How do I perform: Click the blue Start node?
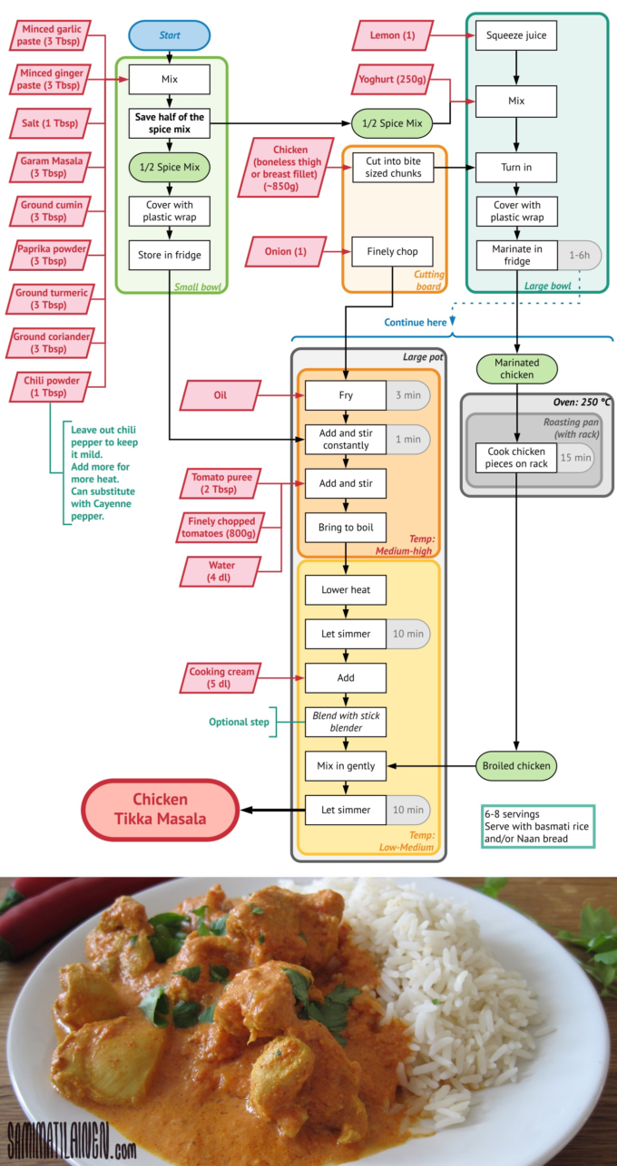coord(170,35)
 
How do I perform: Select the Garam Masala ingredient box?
coord(51,167)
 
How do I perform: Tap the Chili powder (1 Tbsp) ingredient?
coord(51,386)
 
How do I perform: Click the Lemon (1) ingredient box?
coord(392,36)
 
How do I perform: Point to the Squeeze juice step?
coord(516,36)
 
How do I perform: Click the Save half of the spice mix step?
coord(170,123)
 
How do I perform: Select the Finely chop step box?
coord(394,251)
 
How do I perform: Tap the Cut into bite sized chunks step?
coord(394,167)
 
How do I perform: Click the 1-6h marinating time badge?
coord(578,256)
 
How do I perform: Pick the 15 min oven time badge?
coord(575,458)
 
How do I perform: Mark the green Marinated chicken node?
coord(516,368)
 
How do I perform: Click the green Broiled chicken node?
coord(516,765)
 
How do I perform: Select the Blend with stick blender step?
coord(346,722)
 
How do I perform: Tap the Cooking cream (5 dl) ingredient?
coord(220,677)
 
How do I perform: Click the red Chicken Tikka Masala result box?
coord(161,809)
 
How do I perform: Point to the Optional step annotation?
coord(240,722)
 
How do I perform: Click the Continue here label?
coord(416,322)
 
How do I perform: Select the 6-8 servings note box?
coord(537,826)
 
